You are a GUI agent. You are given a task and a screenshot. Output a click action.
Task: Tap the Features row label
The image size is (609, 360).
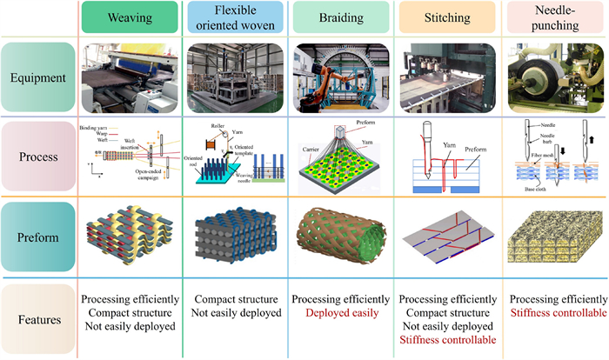coord(38,320)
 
